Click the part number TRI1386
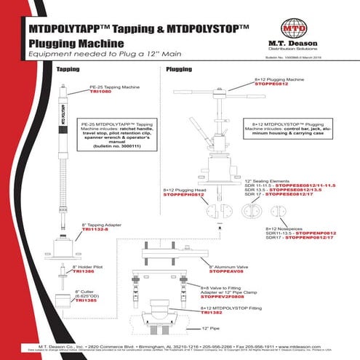(84, 271)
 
